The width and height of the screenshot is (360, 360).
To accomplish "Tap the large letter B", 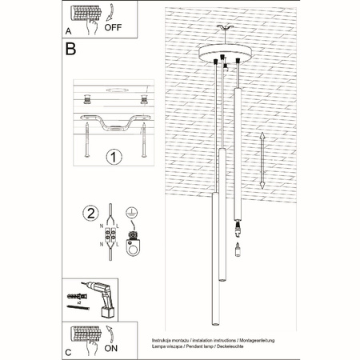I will pyautogui.click(x=71, y=50).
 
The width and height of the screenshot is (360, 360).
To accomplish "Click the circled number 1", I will pyautogui.click(x=112, y=156).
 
